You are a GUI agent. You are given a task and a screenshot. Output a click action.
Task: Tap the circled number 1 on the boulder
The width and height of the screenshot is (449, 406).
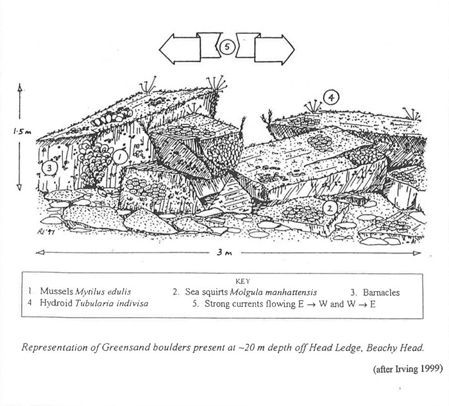coord(119,155)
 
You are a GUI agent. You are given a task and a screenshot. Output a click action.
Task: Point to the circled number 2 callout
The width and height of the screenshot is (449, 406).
coord(328,207)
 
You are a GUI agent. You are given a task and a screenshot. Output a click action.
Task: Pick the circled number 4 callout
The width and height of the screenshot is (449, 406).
coord(331,97)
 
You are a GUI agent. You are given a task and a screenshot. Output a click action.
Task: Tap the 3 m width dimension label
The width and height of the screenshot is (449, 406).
coord(228,254)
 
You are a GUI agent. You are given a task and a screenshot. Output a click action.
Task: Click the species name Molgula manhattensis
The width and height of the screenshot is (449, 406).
coord(264,292)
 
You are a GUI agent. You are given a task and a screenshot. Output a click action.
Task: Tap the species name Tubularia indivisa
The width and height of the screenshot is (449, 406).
coord(115,304)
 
